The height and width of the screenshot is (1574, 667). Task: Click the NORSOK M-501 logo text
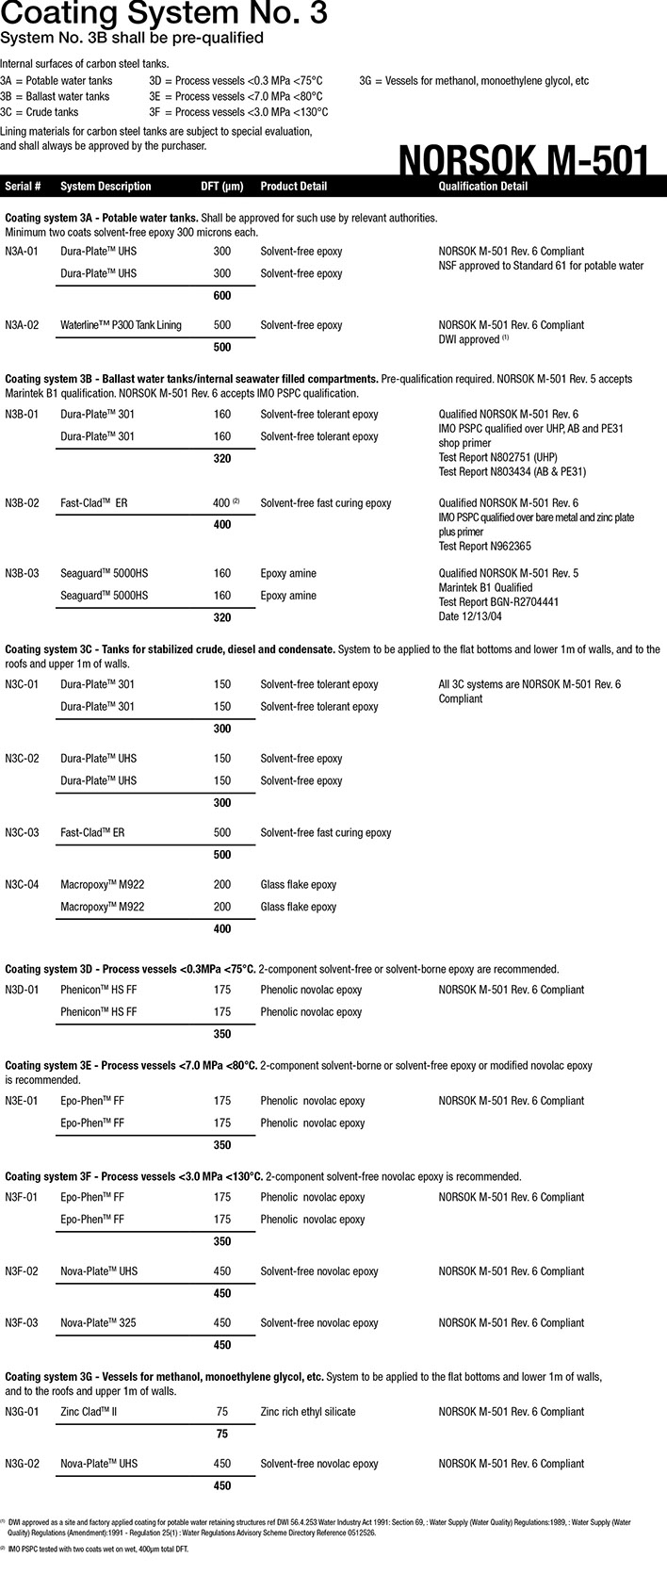524,160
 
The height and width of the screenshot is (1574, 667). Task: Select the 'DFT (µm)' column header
222,187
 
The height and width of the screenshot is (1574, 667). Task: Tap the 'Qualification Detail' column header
483,187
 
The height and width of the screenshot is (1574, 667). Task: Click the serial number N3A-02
22,325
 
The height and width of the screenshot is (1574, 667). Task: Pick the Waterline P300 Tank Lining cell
121,325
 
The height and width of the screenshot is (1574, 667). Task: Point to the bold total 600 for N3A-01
222,296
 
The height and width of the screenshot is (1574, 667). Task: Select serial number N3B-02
22,503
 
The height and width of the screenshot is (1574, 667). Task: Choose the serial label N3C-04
22,885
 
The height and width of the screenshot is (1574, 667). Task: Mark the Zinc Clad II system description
89,1412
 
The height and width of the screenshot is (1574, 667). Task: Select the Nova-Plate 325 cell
98,1323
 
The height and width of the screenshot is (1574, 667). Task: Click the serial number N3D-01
22,991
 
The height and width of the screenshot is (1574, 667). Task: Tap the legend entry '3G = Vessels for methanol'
474,81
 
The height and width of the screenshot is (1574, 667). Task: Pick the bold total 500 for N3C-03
222,855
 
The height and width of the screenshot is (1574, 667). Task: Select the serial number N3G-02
22,1464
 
